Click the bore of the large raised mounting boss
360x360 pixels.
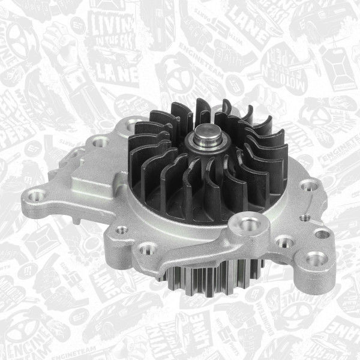pos(248,224)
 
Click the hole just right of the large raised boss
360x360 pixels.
pos(284,242)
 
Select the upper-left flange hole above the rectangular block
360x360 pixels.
pos(100,142)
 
